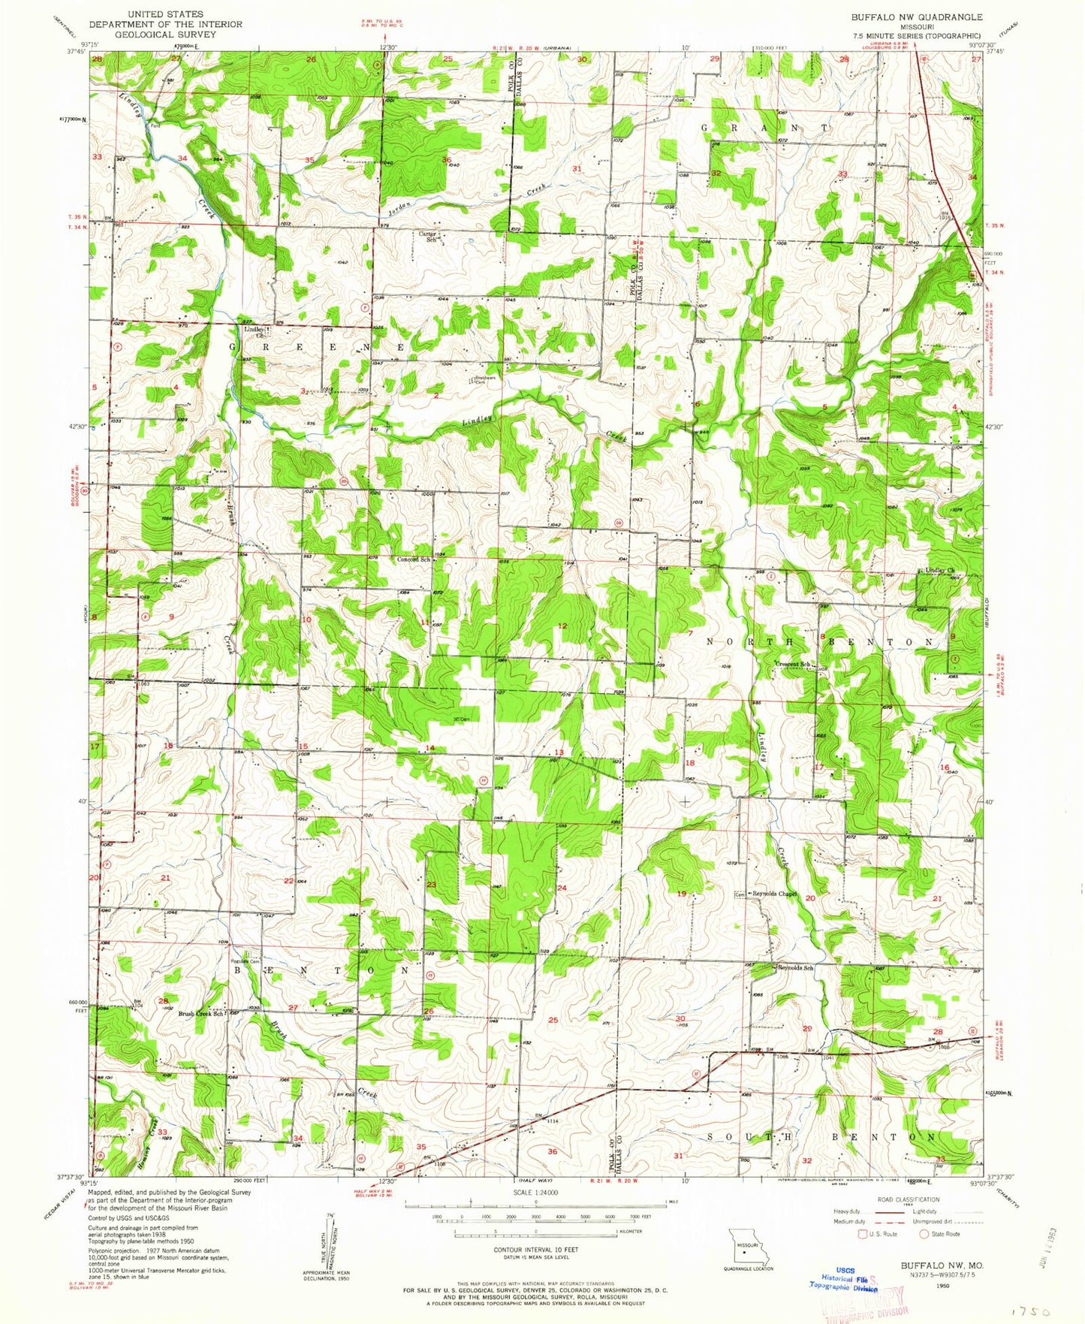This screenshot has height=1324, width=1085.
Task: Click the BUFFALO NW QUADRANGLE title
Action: pos(916,17)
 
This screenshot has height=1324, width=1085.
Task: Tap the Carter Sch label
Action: pos(428,236)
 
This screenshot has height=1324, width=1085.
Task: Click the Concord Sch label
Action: pos(414,559)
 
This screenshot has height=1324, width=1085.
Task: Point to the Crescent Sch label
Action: pos(793,664)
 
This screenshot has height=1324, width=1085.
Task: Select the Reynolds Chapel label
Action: pos(774,894)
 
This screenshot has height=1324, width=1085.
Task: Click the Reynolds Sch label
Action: pos(796,967)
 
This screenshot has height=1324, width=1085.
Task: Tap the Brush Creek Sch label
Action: pos(200,1013)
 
